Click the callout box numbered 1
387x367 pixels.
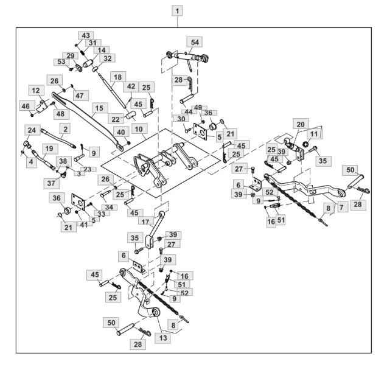coord(177,12)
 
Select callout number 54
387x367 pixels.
coord(195,42)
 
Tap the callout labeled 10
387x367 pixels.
coord(139,129)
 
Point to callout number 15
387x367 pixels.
coord(100,108)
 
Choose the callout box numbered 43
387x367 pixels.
coord(86,35)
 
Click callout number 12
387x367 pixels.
coord(37,91)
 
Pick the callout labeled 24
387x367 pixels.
coord(32,130)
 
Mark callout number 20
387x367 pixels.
coord(301,124)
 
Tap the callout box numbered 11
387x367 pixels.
coord(314,135)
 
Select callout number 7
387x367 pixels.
coord(341,207)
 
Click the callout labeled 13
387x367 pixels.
coord(163,338)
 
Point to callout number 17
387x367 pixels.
coord(145,222)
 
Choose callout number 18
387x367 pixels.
coord(117,77)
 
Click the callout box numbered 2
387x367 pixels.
coord(65,129)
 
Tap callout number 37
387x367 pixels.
coord(51,183)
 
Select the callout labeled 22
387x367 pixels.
coord(116,119)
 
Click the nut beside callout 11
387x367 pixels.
coord(305,144)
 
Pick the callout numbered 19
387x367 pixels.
coord(50,149)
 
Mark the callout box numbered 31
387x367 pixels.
coord(93,43)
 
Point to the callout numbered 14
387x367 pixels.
coord(101,51)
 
